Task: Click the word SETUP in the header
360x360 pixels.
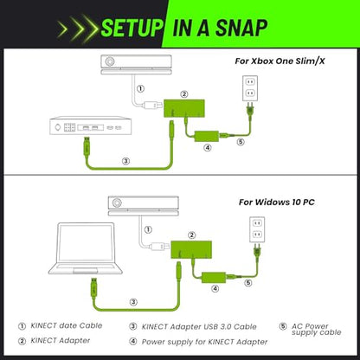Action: [132, 28]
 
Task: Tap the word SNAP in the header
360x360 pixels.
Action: [241, 28]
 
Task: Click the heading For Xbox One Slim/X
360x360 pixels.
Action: [280, 61]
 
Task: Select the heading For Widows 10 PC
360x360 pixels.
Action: [277, 202]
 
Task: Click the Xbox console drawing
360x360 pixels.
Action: [90, 125]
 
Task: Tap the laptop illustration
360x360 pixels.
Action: [85, 248]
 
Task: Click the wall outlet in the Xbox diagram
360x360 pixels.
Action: [250, 88]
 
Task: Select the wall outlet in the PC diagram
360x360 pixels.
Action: [257, 229]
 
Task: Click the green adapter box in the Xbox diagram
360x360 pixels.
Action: [184, 108]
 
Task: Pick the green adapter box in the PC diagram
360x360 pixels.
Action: [191, 249]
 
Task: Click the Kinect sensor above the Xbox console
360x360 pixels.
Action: [136, 65]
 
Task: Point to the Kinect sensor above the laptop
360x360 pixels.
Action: [144, 206]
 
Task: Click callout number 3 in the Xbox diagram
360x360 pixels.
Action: [125, 161]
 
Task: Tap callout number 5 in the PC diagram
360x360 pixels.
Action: [248, 283]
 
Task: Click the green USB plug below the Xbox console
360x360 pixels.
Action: [87, 146]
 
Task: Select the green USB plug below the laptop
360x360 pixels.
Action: [94, 288]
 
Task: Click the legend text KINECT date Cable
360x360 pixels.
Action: [67, 325]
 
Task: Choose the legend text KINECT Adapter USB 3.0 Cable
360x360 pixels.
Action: [199, 327]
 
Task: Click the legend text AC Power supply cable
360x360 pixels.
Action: [317, 330]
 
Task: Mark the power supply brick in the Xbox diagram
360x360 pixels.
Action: [207, 136]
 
